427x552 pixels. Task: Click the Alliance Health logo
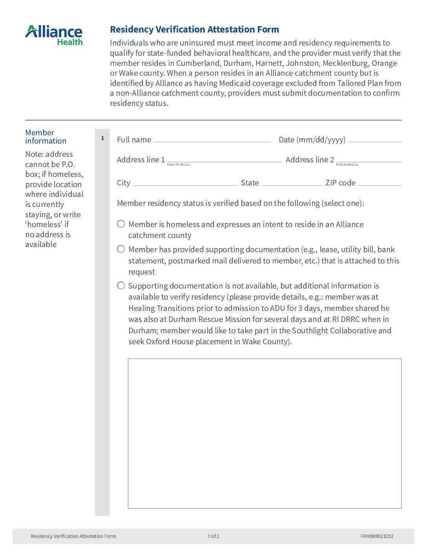(54, 35)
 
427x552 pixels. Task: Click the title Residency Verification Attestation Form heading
(194, 29)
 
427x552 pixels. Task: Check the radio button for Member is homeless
(121, 224)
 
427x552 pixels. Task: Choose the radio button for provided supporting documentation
(121, 249)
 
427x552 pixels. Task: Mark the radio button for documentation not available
(121, 286)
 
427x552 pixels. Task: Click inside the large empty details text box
(265, 433)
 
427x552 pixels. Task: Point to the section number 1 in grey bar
(102, 138)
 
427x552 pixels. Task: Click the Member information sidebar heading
(46, 136)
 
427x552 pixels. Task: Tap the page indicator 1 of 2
(213, 536)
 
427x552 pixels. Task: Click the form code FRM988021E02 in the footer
(377, 536)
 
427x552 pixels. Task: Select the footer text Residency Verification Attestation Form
(73, 536)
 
